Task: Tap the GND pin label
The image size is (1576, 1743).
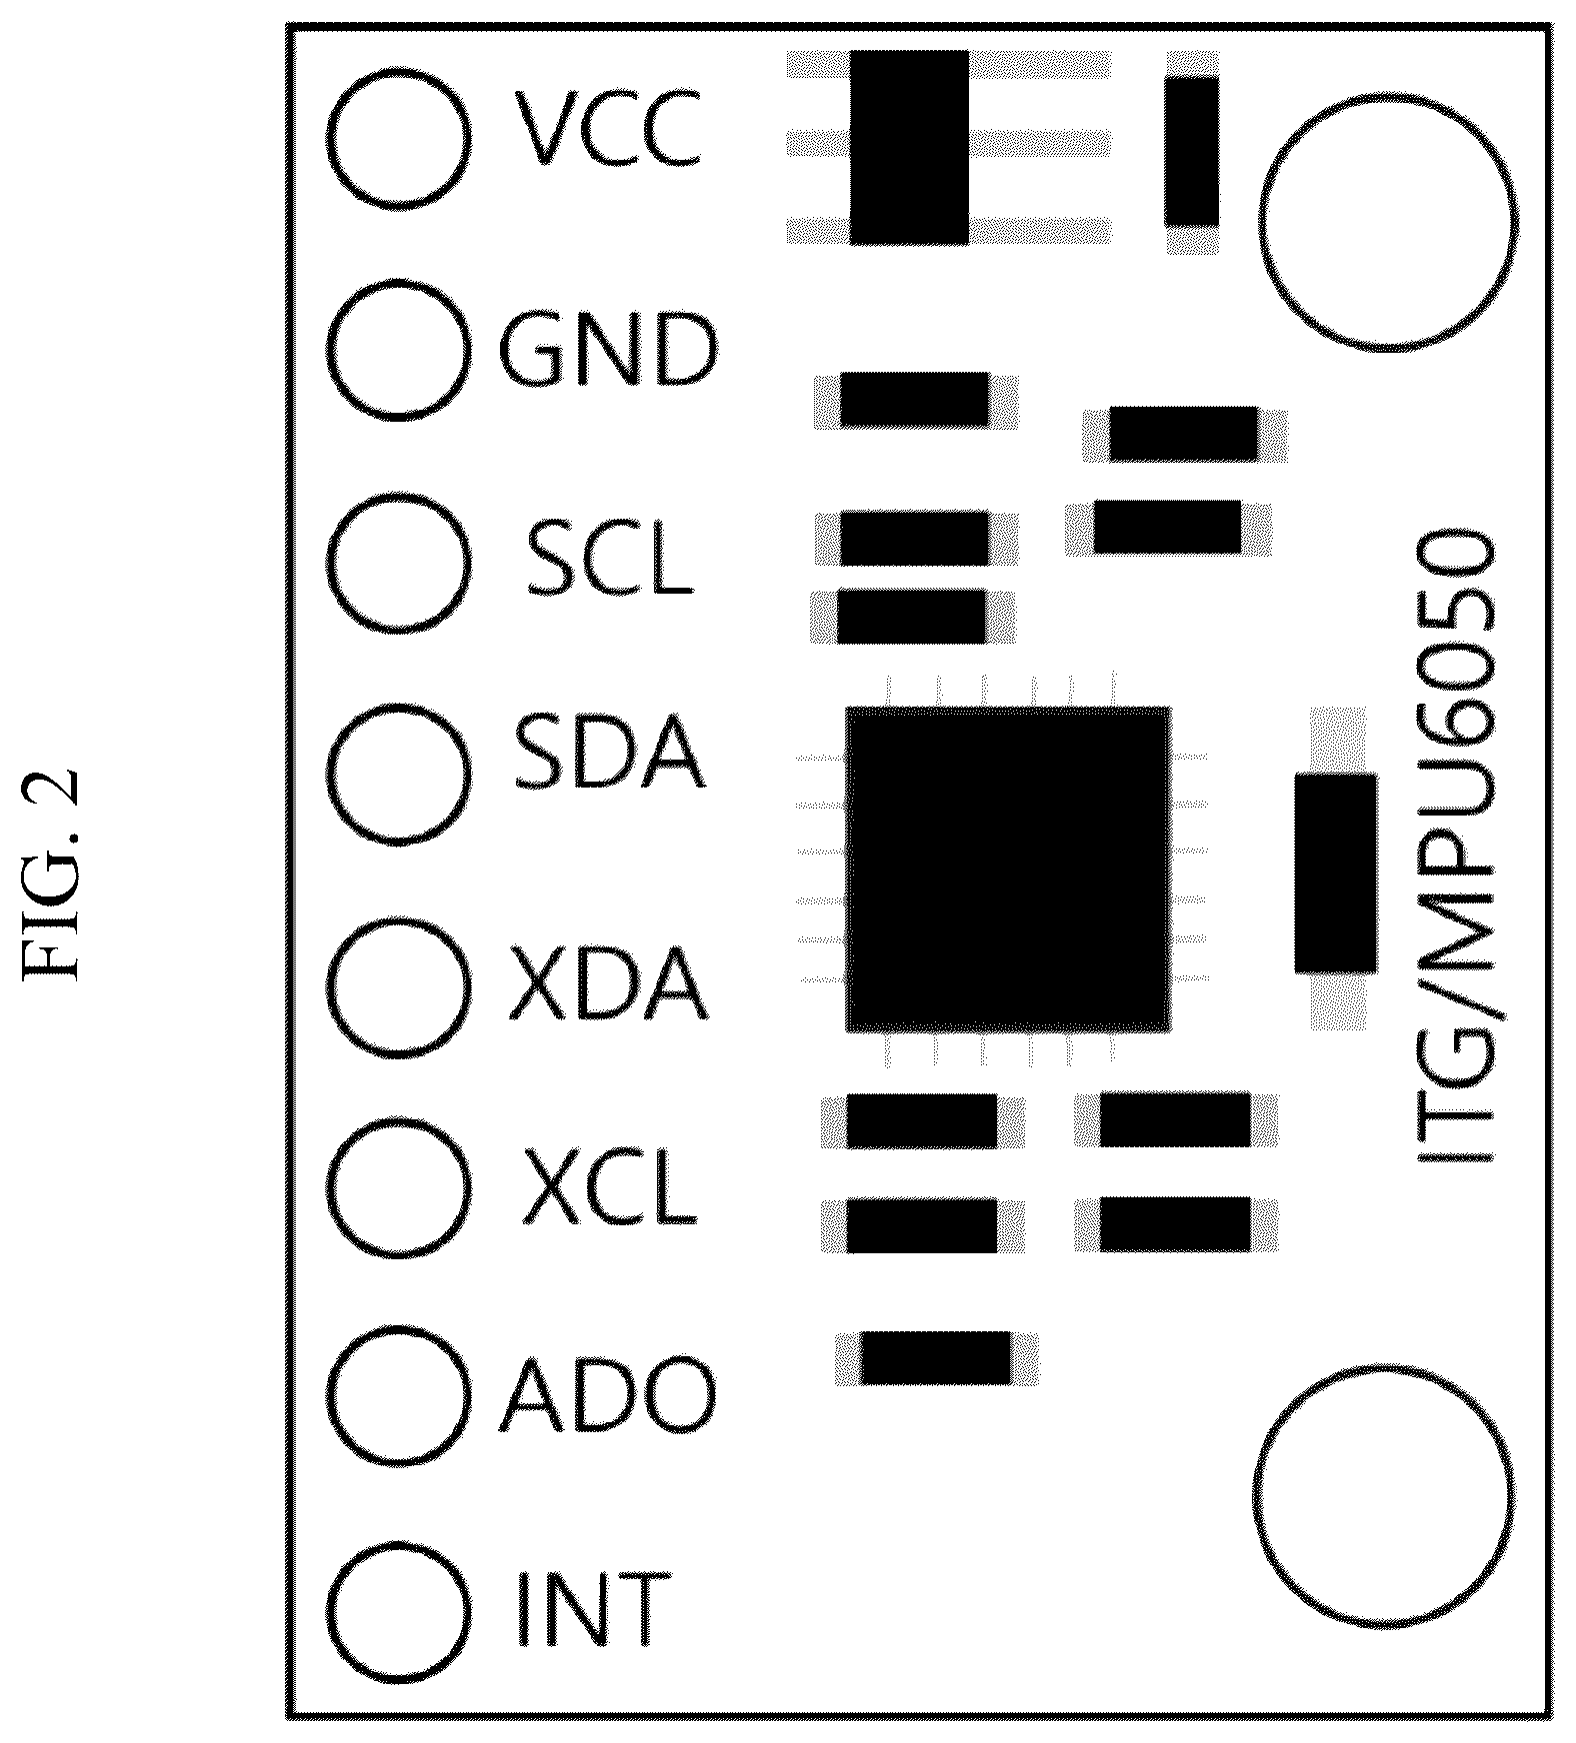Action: pyautogui.click(x=608, y=351)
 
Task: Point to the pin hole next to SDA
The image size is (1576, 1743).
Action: pyautogui.click(x=397, y=775)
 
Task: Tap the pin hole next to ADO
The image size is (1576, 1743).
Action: pyautogui.click(x=397, y=1398)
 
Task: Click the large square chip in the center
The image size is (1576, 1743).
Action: pyautogui.click(x=1008, y=869)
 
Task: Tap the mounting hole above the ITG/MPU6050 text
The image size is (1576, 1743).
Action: pyautogui.click(x=1386, y=222)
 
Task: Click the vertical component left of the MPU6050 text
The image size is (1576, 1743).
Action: pyautogui.click(x=1335, y=871)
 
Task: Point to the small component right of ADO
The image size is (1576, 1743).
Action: pyautogui.click(x=936, y=1357)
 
